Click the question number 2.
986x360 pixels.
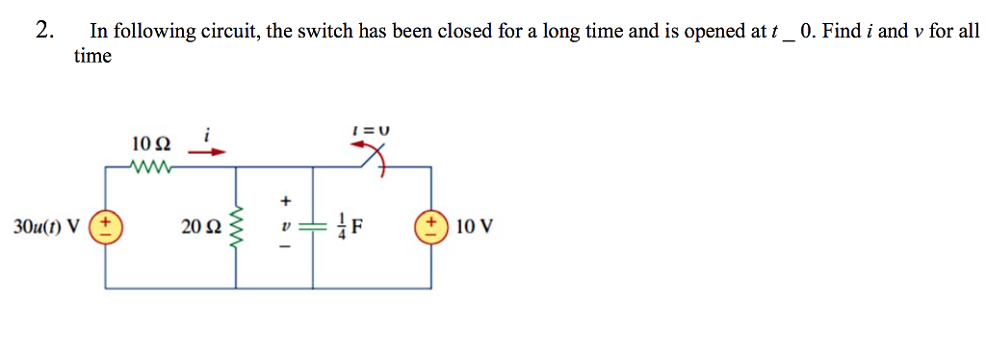pos(42,30)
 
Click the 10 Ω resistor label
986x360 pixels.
pos(151,143)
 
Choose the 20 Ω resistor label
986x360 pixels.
pos(199,228)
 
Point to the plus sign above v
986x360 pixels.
pos(285,202)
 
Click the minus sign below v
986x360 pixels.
pos(285,251)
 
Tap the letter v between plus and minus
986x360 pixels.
pos(285,228)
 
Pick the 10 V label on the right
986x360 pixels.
pos(474,228)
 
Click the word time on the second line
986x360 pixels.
pos(92,56)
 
